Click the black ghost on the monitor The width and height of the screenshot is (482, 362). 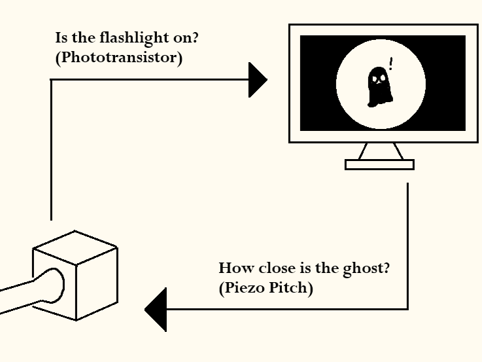click(x=379, y=86)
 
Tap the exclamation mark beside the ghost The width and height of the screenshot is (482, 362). click(x=391, y=63)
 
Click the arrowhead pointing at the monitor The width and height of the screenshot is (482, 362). click(x=258, y=80)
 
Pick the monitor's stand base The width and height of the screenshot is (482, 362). click(x=379, y=164)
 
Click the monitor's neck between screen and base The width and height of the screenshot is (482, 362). click(x=380, y=151)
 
